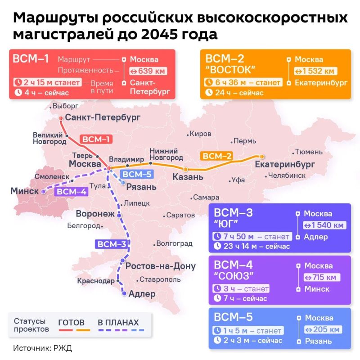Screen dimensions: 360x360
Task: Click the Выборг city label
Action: (65, 107)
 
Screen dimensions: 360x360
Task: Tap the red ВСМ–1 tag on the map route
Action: (96, 139)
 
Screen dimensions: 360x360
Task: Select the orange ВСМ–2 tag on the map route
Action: (217, 156)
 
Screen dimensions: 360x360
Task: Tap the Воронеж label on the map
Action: (95, 214)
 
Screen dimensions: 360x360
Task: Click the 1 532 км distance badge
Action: (315, 71)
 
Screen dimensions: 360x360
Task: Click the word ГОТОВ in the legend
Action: (72, 323)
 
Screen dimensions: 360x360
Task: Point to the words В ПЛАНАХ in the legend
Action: (118, 323)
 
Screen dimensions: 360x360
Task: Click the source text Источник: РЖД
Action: (42, 348)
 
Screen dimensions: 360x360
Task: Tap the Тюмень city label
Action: (309, 152)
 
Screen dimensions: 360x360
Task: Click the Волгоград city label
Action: (174, 244)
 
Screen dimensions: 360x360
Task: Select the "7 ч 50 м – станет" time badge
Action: (251, 237)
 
